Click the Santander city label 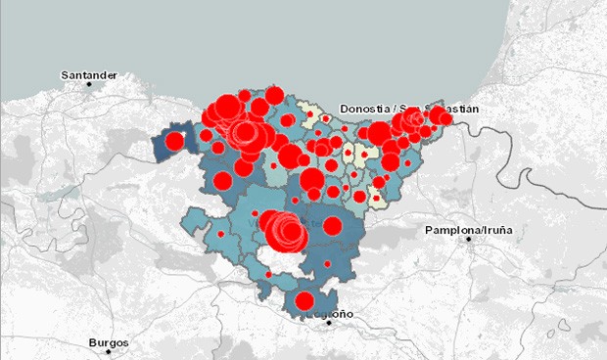[88, 74]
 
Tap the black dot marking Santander [89, 85]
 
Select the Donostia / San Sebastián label [409, 108]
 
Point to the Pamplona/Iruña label [469, 230]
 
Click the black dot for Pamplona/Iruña [469, 240]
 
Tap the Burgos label [108, 343]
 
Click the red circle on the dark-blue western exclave [174, 141]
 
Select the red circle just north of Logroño [304, 300]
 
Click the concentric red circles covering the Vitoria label [288, 231]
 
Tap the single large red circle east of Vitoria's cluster [332, 226]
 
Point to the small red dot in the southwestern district [220, 235]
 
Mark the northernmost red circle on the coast [274, 95]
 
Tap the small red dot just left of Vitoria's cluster [255, 213]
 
